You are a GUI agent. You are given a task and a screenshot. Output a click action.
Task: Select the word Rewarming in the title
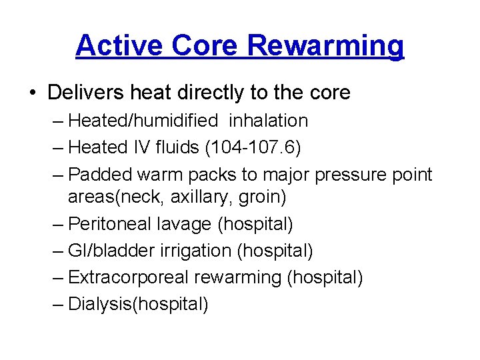pos(325,46)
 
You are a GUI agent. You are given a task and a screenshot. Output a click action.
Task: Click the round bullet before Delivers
pos(33,93)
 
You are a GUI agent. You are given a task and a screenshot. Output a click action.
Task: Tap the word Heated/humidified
pos(143,121)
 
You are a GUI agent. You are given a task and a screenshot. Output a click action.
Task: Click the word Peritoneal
pos(109,225)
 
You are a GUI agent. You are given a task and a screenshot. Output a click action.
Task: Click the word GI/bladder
pos(109,251)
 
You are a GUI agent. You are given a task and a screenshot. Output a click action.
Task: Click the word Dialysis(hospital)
pos(139,304)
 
